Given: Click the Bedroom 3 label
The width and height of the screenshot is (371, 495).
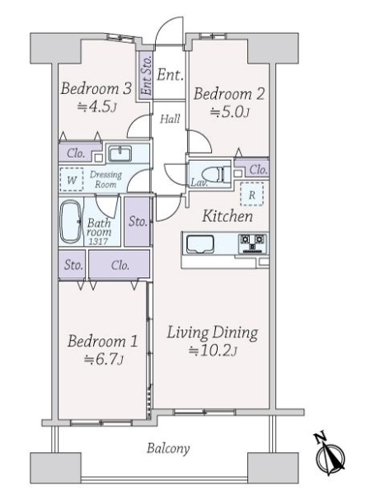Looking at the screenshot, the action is [96, 88].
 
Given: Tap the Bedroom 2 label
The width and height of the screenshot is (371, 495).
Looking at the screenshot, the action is [229, 94].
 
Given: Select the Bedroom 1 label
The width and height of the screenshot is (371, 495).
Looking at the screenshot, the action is [102, 342].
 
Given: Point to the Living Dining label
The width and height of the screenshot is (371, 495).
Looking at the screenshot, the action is [213, 333].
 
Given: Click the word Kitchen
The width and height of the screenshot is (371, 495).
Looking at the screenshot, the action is [228, 216].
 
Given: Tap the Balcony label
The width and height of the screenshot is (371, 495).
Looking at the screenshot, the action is [168, 449].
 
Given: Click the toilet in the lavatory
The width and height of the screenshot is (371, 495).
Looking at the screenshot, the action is [215, 174].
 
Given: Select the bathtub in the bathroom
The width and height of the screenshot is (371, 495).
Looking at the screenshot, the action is [70, 222].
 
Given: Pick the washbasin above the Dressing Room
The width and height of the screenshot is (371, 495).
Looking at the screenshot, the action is [120, 153].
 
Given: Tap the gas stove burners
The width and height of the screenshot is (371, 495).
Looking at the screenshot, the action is [252, 243].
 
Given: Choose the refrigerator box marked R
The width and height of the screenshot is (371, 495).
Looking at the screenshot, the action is [251, 195].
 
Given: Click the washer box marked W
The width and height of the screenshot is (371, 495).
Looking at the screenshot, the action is [72, 180].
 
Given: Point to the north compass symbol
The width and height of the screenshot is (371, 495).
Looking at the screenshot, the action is [330, 455].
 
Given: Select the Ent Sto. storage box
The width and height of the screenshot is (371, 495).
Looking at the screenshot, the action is [146, 75].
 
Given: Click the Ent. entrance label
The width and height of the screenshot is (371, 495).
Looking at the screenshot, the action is [170, 75].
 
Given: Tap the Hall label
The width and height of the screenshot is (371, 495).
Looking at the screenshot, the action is [170, 119].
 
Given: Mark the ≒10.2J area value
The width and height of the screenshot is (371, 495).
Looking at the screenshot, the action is [213, 351].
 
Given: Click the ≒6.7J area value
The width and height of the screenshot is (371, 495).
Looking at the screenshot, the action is [104, 359].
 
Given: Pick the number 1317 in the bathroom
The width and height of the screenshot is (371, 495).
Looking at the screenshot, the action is [98, 242].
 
